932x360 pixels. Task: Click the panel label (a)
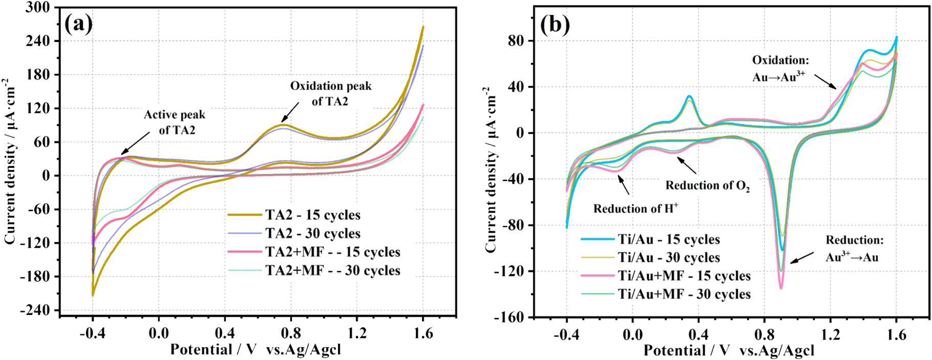coord(78,23)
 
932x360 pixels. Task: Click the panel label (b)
coord(555,24)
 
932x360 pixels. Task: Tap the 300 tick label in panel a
coord(38,8)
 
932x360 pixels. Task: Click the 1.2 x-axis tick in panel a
coord(357,334)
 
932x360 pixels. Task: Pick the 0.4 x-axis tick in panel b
coord(698,335)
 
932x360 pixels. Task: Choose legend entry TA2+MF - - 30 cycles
coord(332,270)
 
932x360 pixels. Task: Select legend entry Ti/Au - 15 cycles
coord(668,239)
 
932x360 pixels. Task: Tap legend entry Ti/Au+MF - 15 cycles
coord(684,276)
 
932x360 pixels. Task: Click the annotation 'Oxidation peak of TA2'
coord(330,93)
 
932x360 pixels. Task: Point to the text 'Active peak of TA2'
coord(175,122)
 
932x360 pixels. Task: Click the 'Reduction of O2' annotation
coord(707,185)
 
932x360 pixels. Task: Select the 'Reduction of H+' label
coord(636,208)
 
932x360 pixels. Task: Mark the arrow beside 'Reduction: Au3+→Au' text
coord(802,258)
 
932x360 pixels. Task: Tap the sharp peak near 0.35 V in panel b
coord(689,96)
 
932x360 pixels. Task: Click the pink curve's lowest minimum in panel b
coord(781,288)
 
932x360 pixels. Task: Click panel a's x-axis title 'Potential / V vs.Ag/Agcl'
coord(255,350)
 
